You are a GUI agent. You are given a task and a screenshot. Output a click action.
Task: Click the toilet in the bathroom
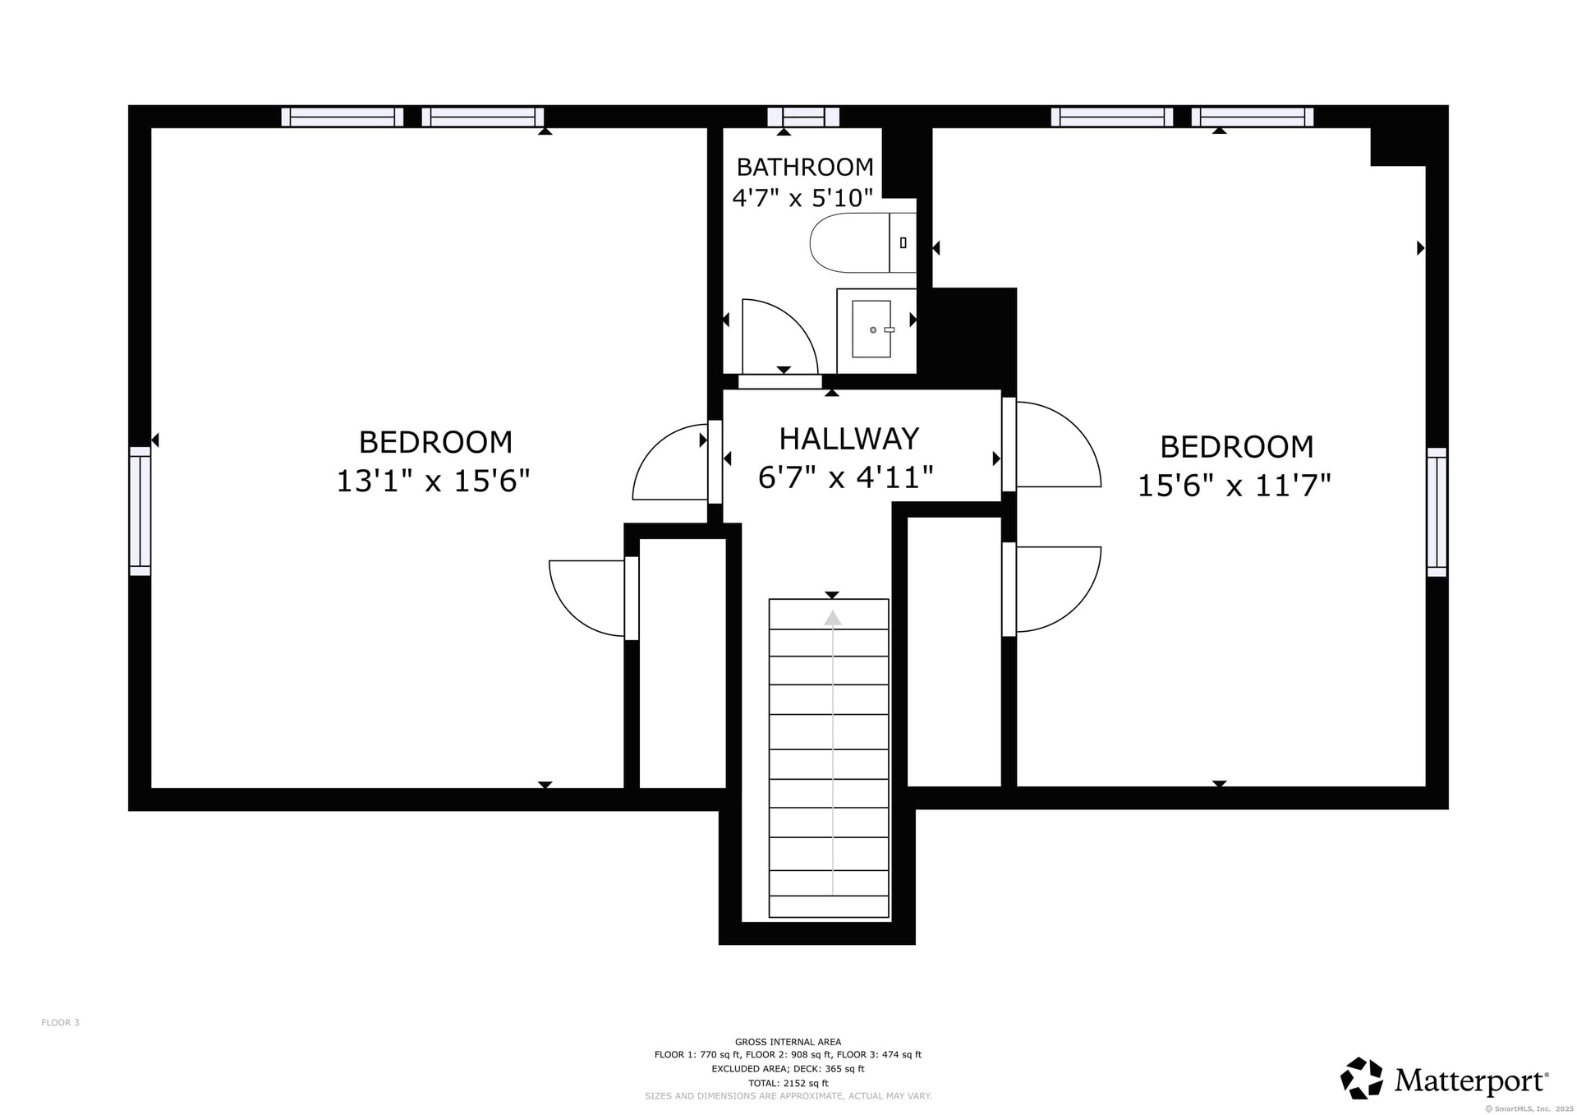[862, 242]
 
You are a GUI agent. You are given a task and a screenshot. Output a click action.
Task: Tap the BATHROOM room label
[805, 167]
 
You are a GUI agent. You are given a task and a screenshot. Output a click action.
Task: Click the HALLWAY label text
[848, 439]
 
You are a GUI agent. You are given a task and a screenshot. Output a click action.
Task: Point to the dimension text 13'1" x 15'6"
[434, 481]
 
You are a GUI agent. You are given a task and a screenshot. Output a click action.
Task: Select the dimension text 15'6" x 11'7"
[1234, 486]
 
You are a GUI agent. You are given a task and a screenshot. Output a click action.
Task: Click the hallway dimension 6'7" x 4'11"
[845, 477]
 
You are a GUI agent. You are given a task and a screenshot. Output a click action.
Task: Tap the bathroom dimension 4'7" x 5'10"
[802, 198]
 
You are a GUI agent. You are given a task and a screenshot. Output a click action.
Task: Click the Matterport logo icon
[1363, 1078]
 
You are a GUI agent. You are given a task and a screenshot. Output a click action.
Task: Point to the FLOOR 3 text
[60, 1023]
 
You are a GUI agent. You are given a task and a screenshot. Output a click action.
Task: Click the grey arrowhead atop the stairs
[833, 617]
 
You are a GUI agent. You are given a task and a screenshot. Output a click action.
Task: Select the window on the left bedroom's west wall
[140, 510]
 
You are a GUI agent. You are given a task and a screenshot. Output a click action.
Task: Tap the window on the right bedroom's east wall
[1437, 512]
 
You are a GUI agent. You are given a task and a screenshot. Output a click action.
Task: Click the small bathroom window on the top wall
[803, 117]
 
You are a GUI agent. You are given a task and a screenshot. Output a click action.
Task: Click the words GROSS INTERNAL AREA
[788, 1042]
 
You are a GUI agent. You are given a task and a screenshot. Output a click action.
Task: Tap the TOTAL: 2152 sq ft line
[788, 1083]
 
